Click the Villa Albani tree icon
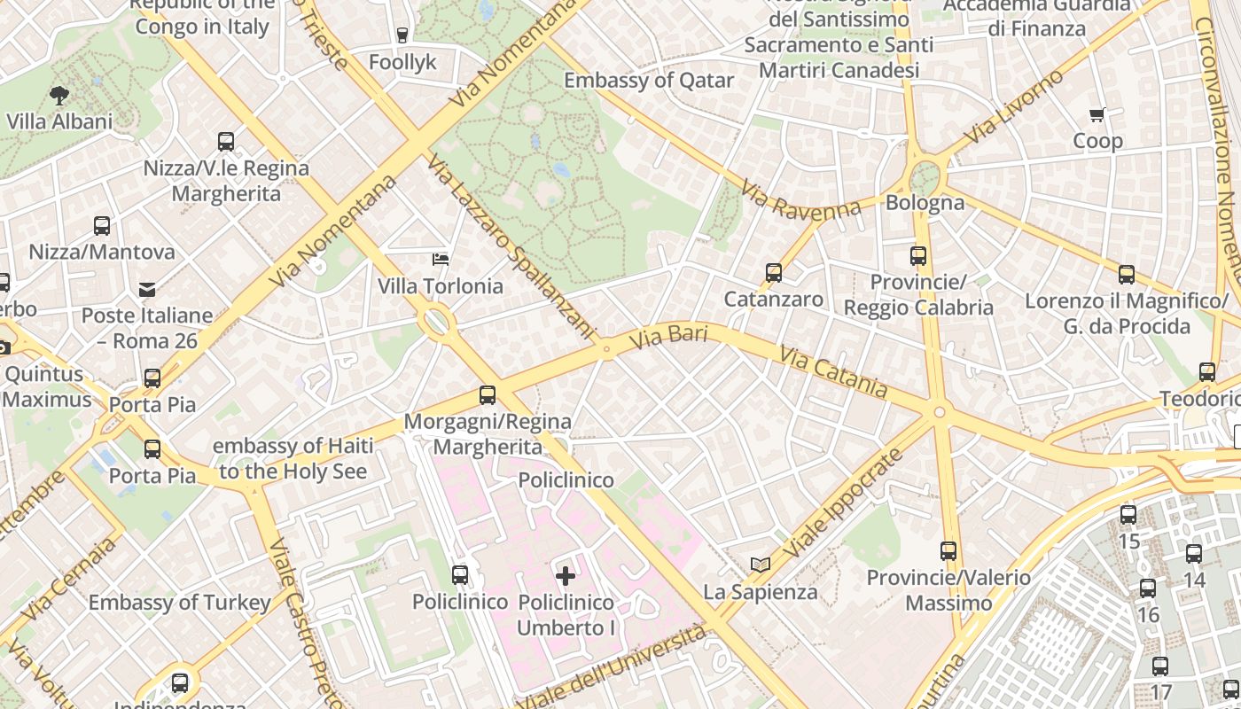coord(59,95)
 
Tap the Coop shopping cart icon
coord(1097,114)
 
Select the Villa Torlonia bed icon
coord(440,259)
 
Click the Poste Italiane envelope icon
coord(147,289)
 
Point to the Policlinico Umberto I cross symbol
coord(566,576)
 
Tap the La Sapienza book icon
coord(760,565)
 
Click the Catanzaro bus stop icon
coord(774,273)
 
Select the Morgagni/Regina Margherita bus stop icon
coord(487,395)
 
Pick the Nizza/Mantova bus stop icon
coord(102,226)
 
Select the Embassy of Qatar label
coord(649,81)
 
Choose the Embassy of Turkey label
coord(179,603)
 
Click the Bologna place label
coord(925,202)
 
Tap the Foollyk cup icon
coord(402,35)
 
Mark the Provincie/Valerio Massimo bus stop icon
coord(948,551)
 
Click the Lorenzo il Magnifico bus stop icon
coord(1126,275)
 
